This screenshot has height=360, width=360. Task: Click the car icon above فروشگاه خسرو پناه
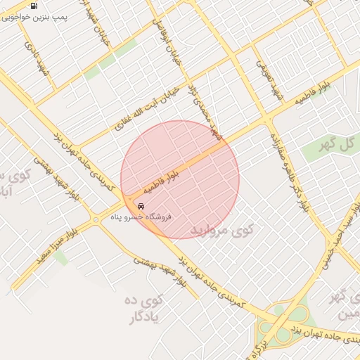coord(141,207)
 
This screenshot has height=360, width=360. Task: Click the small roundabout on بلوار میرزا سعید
coord(96,221)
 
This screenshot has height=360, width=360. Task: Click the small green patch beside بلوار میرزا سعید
coord(60,258)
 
